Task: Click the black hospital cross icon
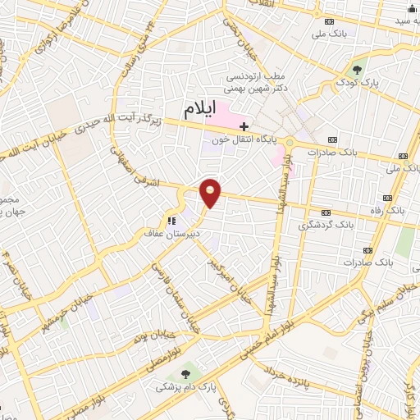coord(244,126)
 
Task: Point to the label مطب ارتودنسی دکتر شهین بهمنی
coord(261,84)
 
